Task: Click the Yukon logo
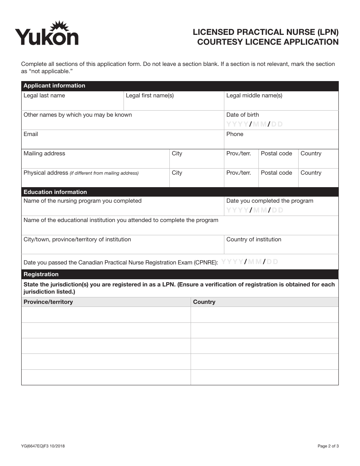pos(47,34)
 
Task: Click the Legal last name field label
pos(44,95)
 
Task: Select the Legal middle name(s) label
pos(254,95)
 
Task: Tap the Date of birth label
pos(243,115)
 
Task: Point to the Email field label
pos(31,134)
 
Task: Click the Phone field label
pos(235,134)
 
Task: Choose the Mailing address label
pos(44,153)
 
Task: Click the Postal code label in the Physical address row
pos(276,173)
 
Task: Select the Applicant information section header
pos(54,86)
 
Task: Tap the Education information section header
pos(55,192)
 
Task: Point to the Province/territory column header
pos(48,302)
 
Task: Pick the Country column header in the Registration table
pos(204,302)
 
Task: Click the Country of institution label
pos(254,239)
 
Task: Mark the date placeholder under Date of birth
pos(254,124)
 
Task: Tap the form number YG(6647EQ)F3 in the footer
pos(43,446)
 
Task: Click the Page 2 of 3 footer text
pos(328,446)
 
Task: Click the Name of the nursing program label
pos(82,201)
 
